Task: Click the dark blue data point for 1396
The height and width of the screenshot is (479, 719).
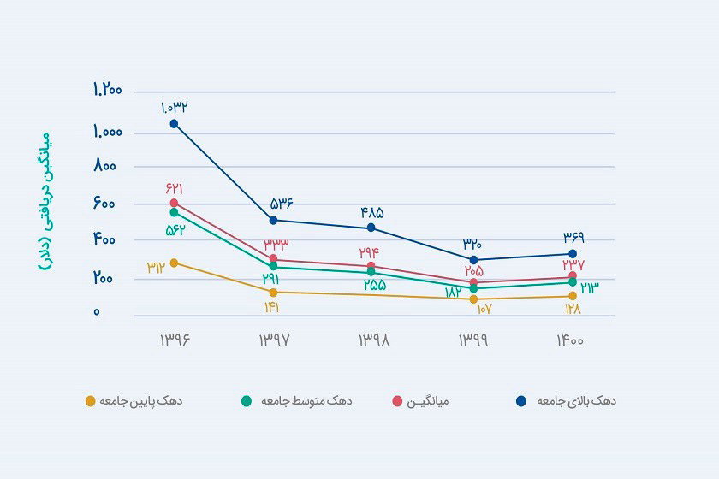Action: (174, 124)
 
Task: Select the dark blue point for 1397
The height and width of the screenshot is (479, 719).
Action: (273, 220)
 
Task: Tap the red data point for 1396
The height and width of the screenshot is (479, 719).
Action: (174, 203)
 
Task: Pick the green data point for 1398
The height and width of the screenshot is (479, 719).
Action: (371, 272)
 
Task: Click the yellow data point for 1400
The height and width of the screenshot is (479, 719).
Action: (573, 296)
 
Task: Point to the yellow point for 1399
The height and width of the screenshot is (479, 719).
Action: (473, 299)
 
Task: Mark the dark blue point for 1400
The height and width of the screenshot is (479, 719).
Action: (573, 254)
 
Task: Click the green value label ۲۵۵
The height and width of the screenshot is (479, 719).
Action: (374, 285)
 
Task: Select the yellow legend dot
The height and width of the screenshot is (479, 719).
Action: (90, 400)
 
